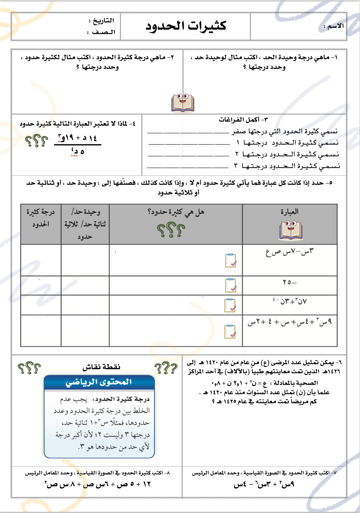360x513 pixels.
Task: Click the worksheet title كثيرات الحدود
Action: click(186, 26)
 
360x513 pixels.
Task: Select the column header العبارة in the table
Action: click(290, 211)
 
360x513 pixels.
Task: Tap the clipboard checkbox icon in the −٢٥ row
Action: click(230, 286)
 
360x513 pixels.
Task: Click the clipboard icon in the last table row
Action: click(230, 331)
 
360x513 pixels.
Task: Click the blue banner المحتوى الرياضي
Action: click(99, 382)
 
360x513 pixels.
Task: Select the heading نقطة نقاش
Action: click(101, 367)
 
